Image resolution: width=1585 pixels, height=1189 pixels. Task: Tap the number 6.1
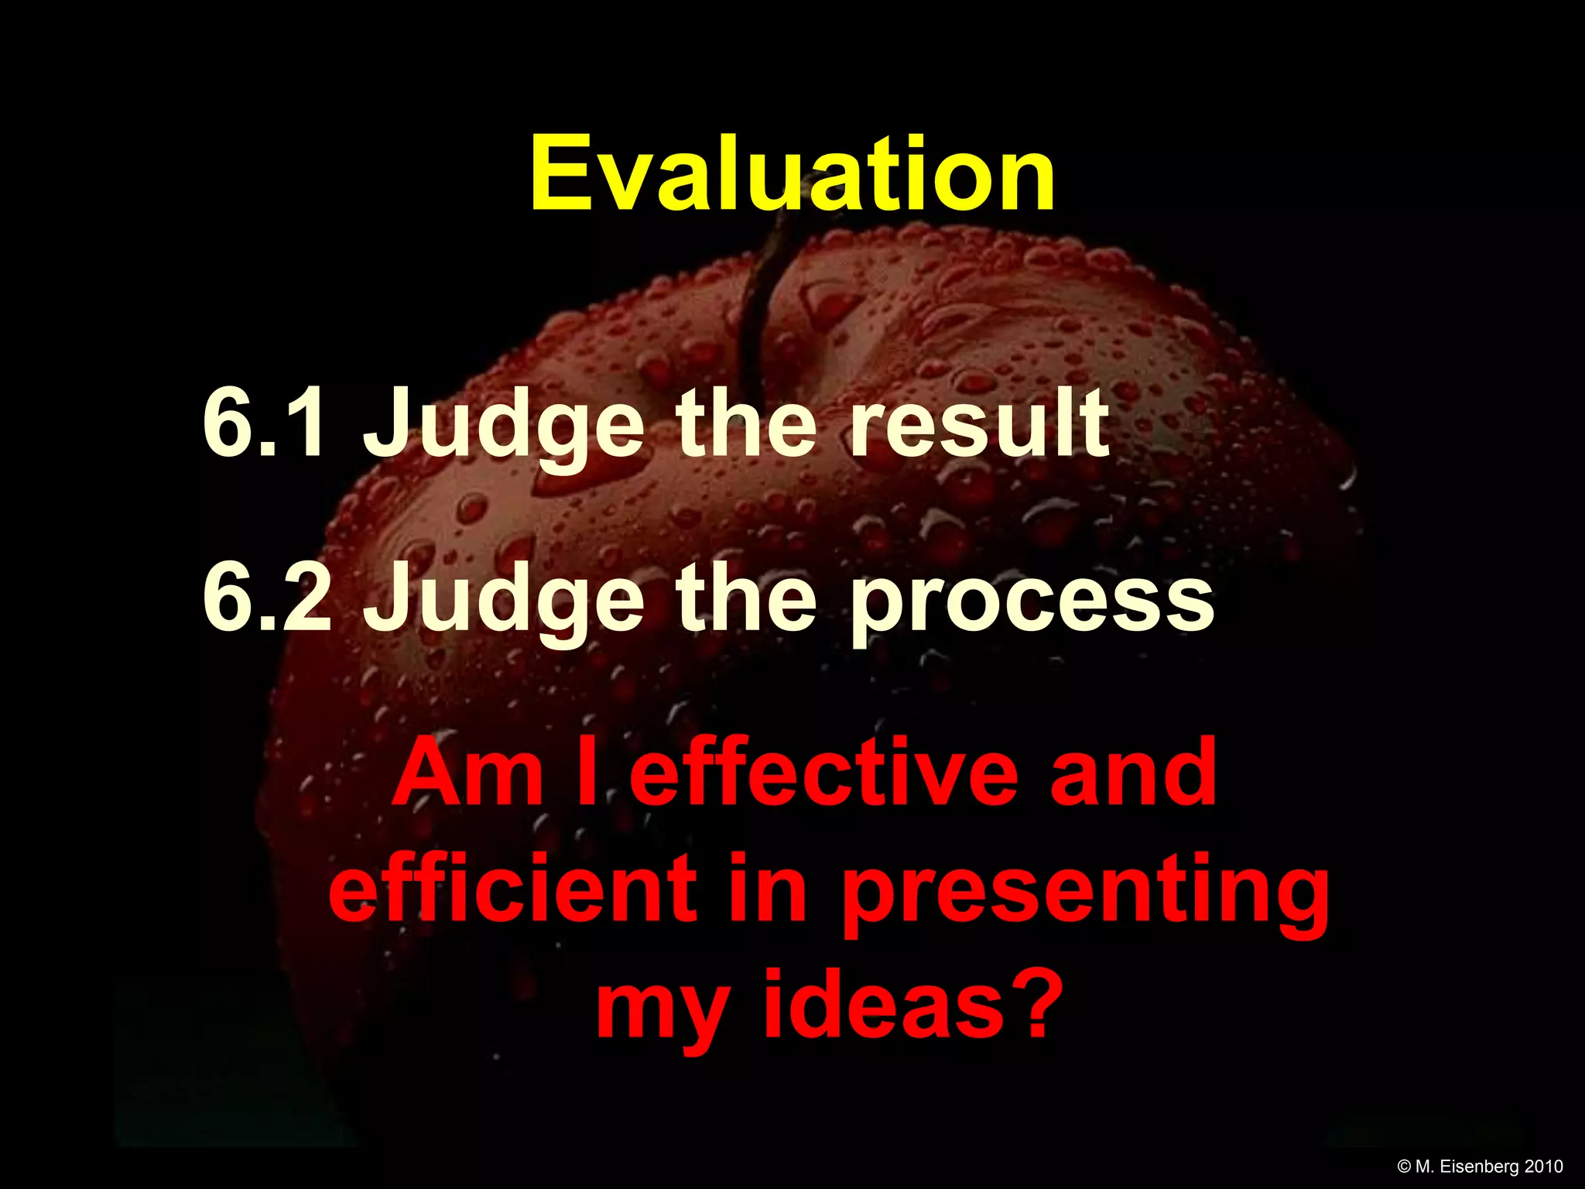[x=263, y=424]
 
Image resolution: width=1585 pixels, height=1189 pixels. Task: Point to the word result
[x=978, y=423]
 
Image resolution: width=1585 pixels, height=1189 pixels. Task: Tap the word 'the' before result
[x=746, y=423]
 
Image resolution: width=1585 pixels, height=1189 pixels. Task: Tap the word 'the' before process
[x=746, y=596]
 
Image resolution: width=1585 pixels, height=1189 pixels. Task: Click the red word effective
[x=823, y=773]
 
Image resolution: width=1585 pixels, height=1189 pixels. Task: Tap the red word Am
[x=468, y=773]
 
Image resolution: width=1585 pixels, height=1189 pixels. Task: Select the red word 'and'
[x=1133, y=773]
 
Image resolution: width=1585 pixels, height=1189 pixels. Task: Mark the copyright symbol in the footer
[x=1405, y=1167]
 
